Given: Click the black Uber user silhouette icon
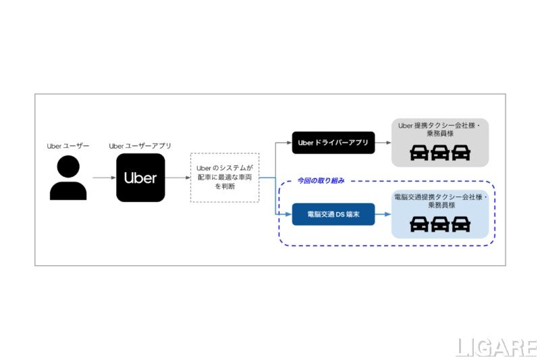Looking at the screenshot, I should [67, 178].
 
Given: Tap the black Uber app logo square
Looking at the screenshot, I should [140, 178].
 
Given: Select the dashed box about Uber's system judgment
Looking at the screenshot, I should [225, 178].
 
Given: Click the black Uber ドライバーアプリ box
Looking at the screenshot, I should [333, 143].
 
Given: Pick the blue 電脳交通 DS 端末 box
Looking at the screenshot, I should [333, 214].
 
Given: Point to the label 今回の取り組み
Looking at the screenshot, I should [321, 180].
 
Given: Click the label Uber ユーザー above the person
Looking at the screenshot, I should [67, 145].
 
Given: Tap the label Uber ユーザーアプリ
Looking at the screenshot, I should [140, 145].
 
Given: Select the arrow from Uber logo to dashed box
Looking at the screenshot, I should [178, 178].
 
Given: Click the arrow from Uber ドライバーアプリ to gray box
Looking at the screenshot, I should [383, 143].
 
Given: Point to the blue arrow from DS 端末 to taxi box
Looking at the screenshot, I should [383, 214].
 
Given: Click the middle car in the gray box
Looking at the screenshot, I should [440, 153].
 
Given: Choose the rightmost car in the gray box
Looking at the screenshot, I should [461, 153].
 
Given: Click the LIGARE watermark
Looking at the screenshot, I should [496, 347].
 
